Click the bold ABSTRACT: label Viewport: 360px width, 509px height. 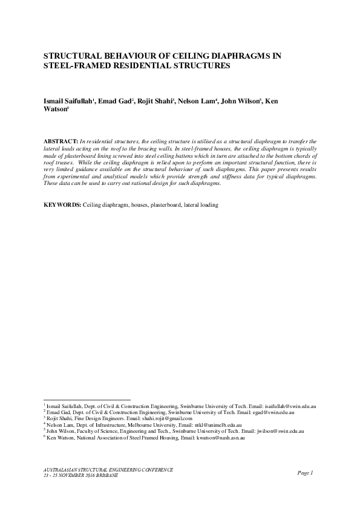(62, 140)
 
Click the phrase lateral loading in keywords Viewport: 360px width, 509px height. (201, 205)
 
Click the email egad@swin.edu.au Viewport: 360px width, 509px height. (273, 412)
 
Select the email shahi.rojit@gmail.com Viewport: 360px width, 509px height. (166, 418)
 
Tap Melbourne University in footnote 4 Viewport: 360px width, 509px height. (145, 425)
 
